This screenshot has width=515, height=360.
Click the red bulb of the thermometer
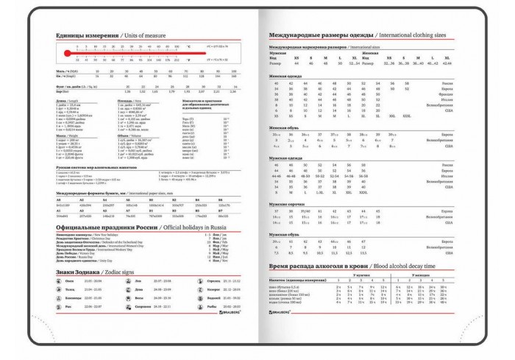tap(66, 54)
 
